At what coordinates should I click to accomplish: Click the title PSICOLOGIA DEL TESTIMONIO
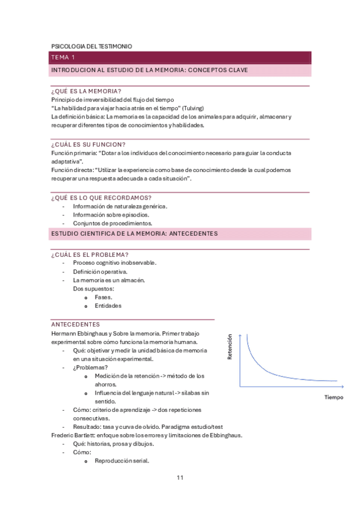91,46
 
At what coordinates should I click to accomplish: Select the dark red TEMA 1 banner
180,58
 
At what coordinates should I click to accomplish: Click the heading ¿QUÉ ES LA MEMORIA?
86,91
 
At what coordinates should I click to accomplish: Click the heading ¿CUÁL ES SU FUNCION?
88,144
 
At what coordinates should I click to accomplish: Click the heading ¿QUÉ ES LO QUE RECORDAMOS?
101,198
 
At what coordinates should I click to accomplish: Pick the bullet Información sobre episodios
111,215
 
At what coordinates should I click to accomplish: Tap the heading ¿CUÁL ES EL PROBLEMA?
90,254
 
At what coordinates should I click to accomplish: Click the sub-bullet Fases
103,297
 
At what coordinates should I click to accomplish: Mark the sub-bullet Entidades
108,306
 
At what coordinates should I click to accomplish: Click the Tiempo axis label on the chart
334,398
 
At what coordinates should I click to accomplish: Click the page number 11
180,478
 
